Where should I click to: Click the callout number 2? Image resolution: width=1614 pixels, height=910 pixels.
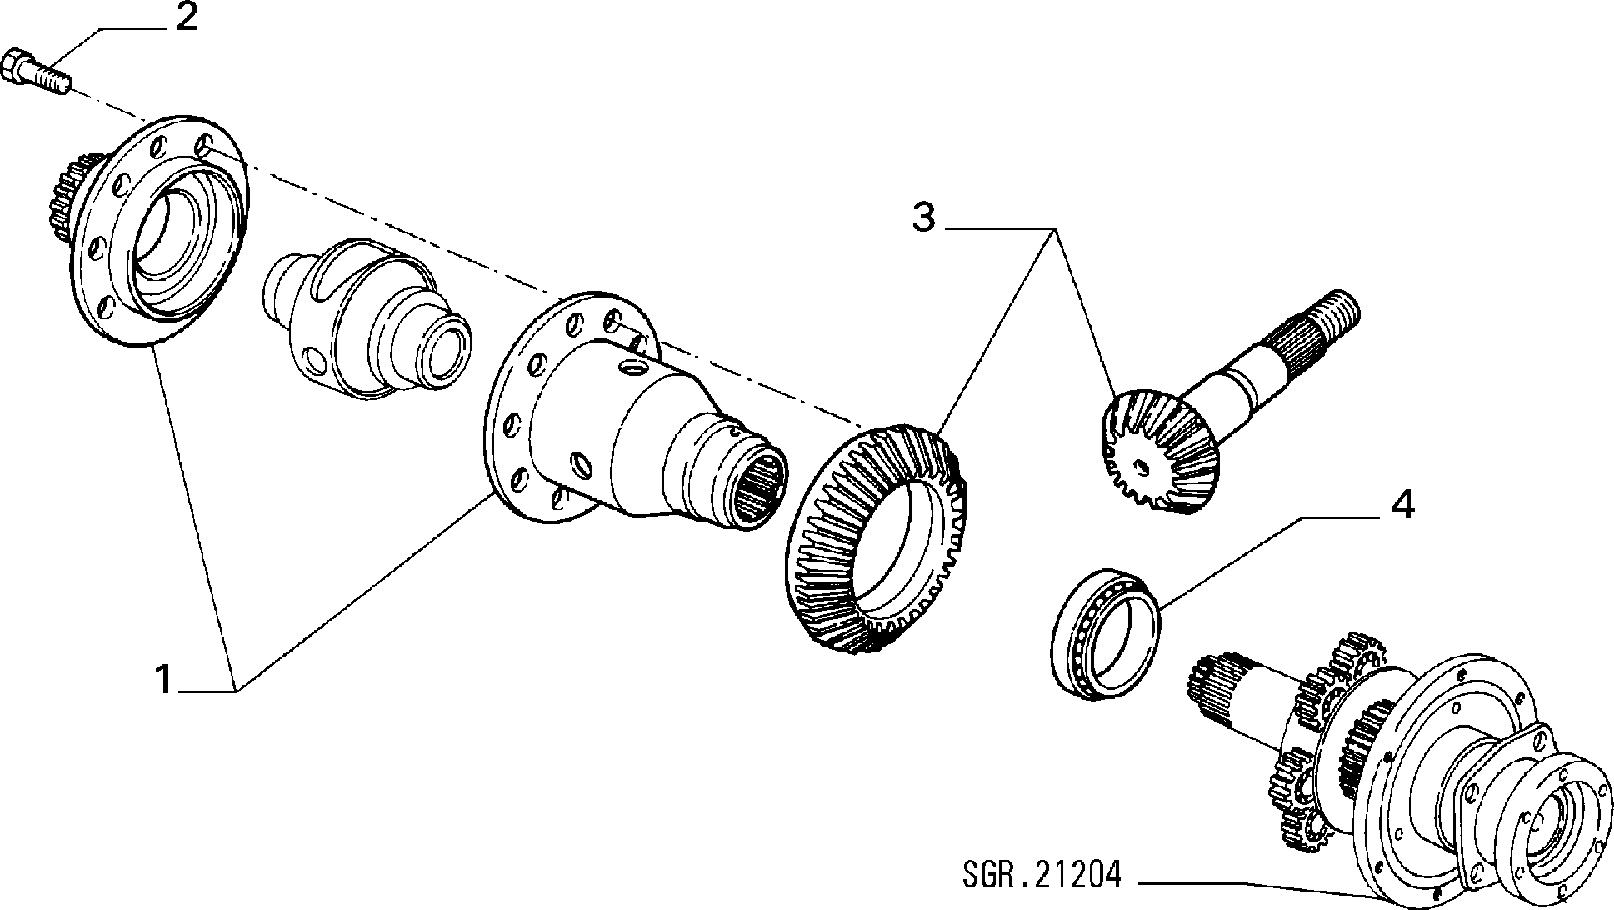pos(185,17)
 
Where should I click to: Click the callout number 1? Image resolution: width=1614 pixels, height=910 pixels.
pos(166,679)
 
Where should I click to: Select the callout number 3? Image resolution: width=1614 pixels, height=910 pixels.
pos(923,217)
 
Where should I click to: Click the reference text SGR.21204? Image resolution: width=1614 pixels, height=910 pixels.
pos(1042,877)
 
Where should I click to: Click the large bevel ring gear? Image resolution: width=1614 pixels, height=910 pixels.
pos(875,537)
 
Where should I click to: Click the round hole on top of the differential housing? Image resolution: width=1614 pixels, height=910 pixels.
pos(633,368)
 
